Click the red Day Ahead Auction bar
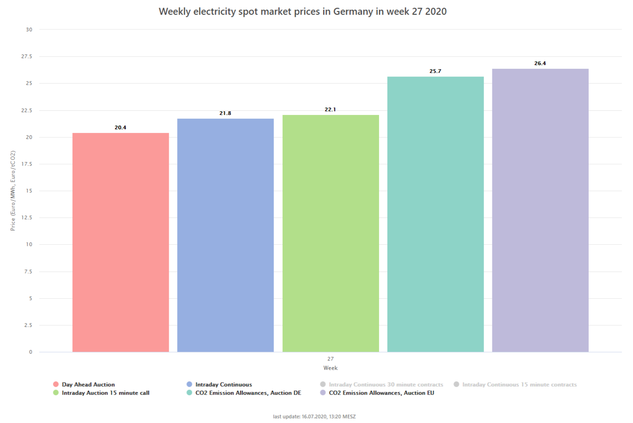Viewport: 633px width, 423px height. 120,242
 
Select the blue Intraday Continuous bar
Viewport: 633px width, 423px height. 225,235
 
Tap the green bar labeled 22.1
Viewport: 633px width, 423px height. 330,233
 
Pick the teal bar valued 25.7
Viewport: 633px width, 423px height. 435,214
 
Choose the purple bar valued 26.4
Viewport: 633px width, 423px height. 540,210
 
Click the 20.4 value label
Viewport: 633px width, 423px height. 120,128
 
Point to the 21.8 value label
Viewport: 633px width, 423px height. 225,113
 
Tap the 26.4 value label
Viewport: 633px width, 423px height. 540,63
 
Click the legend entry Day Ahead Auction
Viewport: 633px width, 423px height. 88,384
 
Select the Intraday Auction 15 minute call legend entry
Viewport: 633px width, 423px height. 105,393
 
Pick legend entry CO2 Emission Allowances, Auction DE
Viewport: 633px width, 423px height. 248,393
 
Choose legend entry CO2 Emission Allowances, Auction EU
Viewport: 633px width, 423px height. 381,393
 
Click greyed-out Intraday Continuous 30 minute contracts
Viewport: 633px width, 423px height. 386,384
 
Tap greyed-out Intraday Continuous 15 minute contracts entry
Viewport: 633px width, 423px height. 519,384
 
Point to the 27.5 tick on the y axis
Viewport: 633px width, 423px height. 27,56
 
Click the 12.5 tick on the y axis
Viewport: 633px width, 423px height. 27,217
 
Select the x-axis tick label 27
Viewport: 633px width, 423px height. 330,359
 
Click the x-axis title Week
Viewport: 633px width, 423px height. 330,368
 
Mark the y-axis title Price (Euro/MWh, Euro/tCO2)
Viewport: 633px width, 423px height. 13,191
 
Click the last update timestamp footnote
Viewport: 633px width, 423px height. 314,417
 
